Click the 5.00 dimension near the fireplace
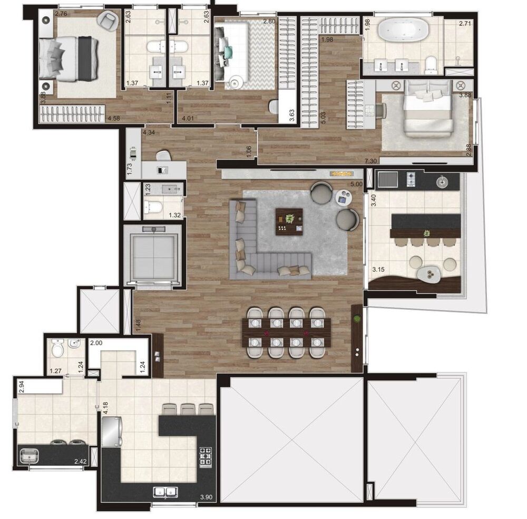[356, 184]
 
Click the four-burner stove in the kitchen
[206, 456]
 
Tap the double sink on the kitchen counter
[165, 493]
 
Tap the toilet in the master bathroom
[431, 64]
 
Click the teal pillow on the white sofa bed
[228, 51]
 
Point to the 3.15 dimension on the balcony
[378, 270]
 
